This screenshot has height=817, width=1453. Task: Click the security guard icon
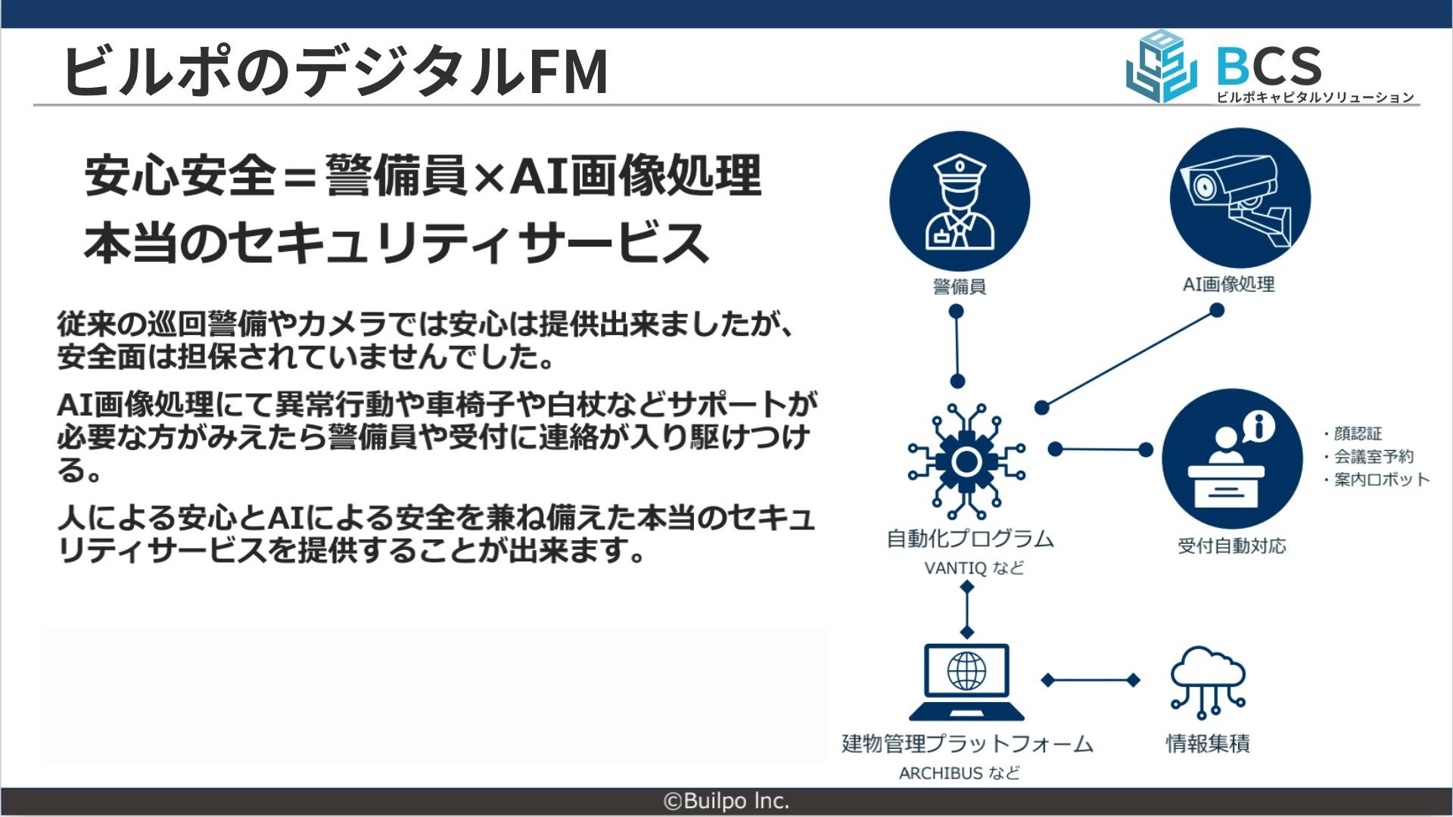(959, 202)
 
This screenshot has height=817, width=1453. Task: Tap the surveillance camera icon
(1239, 199)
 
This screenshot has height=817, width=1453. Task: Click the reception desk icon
(1231, 459)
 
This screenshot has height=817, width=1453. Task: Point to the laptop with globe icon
(966, 682)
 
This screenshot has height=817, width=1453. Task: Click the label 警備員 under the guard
(959, 287)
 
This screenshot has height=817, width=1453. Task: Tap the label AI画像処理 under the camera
(1228, 284)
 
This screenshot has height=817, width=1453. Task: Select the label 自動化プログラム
(970, 539)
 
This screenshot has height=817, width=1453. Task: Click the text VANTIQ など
(974, 568)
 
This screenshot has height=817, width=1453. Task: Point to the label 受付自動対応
(1231, 546)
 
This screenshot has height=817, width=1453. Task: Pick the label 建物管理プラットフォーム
(967, 744)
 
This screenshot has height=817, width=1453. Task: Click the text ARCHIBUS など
(959, 773)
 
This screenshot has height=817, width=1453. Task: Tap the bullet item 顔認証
(1357, 433)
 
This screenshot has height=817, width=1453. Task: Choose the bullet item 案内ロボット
(1381, 480)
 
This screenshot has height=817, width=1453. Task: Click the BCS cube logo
(1160, 67)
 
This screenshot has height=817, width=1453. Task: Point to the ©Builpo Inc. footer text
(726, 801)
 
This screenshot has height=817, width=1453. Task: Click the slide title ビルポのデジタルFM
(335, 71)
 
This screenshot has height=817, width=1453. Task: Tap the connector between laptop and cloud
(1091, 680)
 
